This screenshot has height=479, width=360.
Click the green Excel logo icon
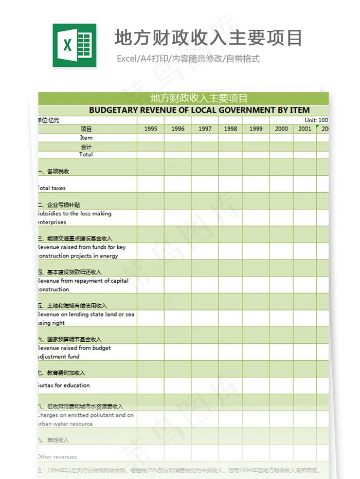[74, 45]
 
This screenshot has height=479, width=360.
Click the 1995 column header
[151, 129]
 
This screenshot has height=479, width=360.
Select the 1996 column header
[178, 129]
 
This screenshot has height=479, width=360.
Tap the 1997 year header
[205, 129]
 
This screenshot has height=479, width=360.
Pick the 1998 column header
[230, 129]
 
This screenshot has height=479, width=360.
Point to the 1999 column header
[256, 129]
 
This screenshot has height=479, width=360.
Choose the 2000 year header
[281, 129]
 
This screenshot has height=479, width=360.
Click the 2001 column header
[305, 129]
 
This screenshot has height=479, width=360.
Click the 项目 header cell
[86, 129]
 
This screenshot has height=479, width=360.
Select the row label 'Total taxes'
[52, 188]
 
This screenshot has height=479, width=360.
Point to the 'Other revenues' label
[58, 457]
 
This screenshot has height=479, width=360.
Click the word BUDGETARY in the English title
[110, 110]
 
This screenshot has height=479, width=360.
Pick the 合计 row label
[86, 146]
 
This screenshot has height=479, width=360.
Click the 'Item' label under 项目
[86, 138]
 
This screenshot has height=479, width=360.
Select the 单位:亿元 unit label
[49, 120]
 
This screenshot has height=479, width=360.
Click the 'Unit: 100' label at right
[316, 120]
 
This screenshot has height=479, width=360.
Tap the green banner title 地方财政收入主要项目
[199, 98]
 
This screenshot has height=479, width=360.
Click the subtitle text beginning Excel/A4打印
[188, 59]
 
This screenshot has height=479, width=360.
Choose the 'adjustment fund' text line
[59, 356]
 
